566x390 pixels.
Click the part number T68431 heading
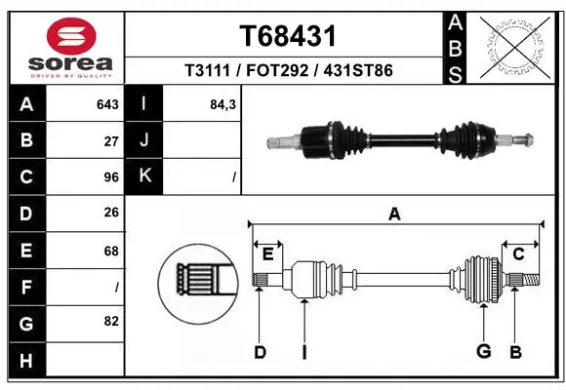tap(288, 37)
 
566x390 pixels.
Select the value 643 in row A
tap(107, 104)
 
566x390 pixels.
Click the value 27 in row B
tap(111, 140)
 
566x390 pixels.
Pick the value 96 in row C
tap(111, 177)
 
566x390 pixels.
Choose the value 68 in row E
tap(111, 251)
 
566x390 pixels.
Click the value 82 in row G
tap(111, 321)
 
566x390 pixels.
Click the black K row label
tap(144, 176)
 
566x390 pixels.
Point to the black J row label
tap(144, 140)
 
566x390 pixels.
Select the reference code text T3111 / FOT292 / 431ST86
tap(288, 71)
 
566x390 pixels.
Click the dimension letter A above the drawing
tap(394, 214)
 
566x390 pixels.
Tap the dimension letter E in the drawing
tap(267, 254)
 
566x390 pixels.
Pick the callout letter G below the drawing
tap(482, 352)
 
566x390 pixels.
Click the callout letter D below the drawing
tap(260, 352)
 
